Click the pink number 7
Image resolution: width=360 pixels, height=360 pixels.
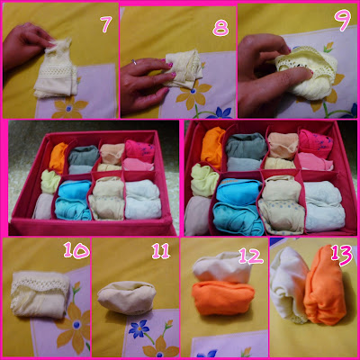click(x=106, y=24)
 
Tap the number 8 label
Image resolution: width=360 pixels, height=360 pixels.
click(x=220, y=29)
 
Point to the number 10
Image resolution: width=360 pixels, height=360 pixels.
click(x=76, y=251)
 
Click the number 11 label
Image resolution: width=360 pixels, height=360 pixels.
click(x=161, y=251)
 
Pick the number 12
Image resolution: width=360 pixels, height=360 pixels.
click(x=251, y=256)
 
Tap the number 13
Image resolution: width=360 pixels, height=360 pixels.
click(x=342, y=256)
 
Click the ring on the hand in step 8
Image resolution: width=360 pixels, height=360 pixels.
click(x=134, y=62)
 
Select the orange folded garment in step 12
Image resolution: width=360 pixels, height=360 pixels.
click(x=222, y=298)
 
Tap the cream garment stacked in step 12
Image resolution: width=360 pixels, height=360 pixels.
click(x=221, y=267)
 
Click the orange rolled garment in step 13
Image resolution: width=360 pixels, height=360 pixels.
click(x=325, y=286)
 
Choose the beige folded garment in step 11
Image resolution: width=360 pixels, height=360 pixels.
click(x=127, y=297)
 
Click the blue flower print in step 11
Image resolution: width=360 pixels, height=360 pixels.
click(x=139, y=328)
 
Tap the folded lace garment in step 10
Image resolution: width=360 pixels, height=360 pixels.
click(x=40, y=294)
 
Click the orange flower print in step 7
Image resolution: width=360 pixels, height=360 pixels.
click(x=69, y=107)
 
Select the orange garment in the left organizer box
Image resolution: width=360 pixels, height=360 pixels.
click(x=58, y=157)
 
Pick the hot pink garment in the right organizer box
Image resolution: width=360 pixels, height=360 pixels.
click(x=316, y=143)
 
